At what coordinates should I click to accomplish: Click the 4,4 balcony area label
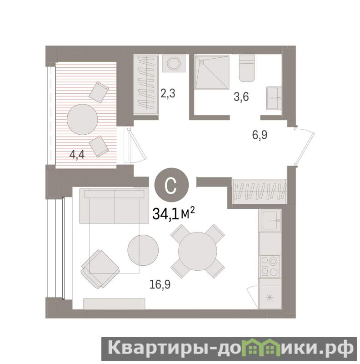tap(77, 155)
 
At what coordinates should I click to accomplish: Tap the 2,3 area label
tap(168, 94)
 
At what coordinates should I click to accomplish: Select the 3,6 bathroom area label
tap(241, 96)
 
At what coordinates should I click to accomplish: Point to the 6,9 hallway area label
tap(260, 135)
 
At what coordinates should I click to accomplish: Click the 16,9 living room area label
tap(160, 284)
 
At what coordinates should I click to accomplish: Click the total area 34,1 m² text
tap(173, 213)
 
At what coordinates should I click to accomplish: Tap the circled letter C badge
tap(171, 185)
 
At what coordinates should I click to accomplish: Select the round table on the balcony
tap(82, 119)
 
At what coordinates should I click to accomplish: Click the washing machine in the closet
tap(174, 63)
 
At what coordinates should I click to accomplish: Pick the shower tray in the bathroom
tap(212, 72)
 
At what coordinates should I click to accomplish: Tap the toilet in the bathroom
tap(247, 68)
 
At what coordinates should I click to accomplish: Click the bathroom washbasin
tap(274, 98)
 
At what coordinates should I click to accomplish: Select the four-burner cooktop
tap(270, 267)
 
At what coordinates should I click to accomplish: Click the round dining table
tap(198, 251)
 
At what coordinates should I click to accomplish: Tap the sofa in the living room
tap(114, 206)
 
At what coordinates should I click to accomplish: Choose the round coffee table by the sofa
tap(143, 250)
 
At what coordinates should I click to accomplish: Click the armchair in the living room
tap(100, 269)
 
